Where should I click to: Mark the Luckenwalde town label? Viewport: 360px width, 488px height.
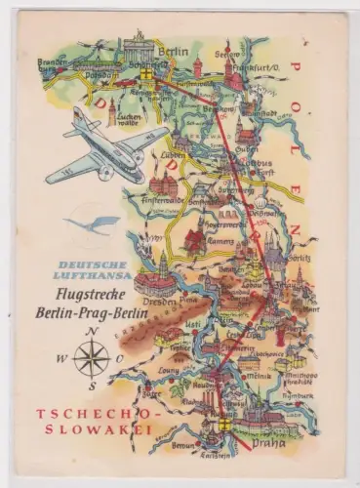click(x=130, y=119)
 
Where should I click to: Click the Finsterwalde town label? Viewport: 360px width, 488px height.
click(x=163, y=197)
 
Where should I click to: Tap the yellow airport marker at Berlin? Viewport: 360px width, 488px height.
click(x=146, y=72)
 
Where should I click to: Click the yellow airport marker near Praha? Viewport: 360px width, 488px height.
click(x=223, y=426)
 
